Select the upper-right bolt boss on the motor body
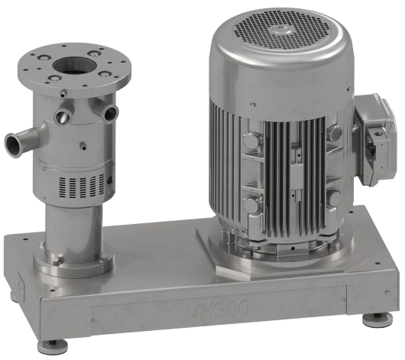coord(333,135)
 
